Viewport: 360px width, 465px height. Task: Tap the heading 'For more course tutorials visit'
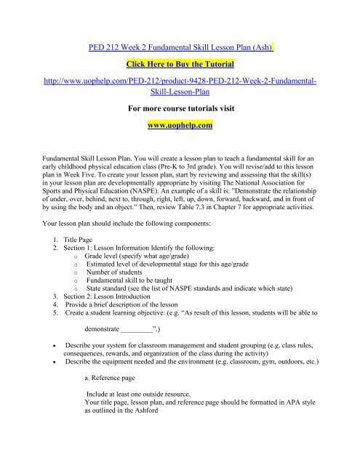pyautogui.click(x=180, y=109)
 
